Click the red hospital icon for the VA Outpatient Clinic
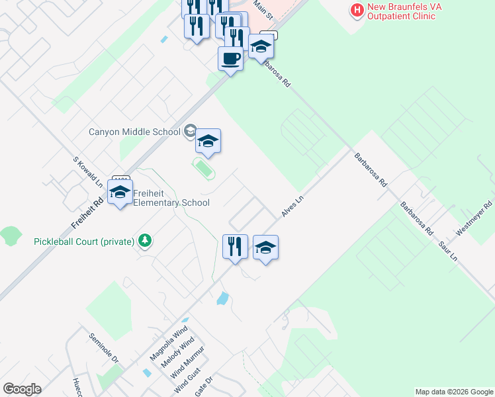tap(357, 10)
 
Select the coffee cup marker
tap(230, 58)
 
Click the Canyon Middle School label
tap(134, 132)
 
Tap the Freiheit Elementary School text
tap(171, 198)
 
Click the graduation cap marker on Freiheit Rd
tap(120, 192)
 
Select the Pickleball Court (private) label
tap(84, 242)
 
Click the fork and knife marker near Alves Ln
tap(235, 247)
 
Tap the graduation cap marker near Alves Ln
tap(265, 247)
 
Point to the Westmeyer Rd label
tap(475, 218)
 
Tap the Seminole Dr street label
tap(103, 348)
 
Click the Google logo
tap(22, 389)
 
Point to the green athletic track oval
tap(204, 169)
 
